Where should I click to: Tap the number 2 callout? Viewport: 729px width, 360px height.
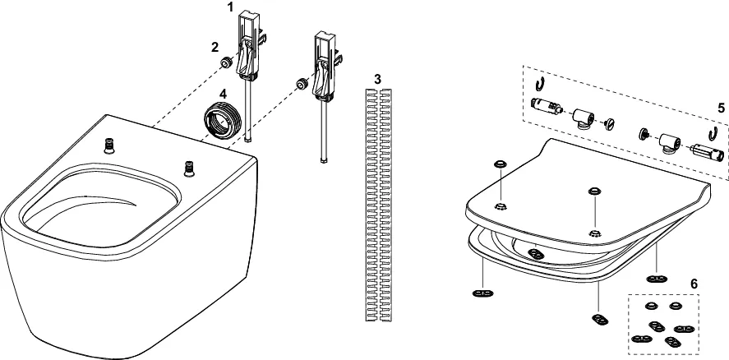pyautogui.click(x=215, y=47)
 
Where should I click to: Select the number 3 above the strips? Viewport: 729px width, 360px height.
pyautogui.click(x=377, y=79)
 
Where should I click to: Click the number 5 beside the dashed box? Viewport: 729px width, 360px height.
pyautogui.click(x=720, y=108)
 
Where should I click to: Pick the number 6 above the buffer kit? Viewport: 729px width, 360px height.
pyautogui.click(x=694, y=284)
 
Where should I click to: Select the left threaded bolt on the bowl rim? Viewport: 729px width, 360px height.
pyautogui.click(x=108, y=145)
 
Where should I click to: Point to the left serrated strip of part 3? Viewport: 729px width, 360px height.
pyautogui.click(x=369, y=201)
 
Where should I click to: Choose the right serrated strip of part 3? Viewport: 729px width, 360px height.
pyautogui.click(x=385, y=201)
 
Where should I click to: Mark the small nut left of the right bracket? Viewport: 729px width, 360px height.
pyautogui.click(x=303, y=83)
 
